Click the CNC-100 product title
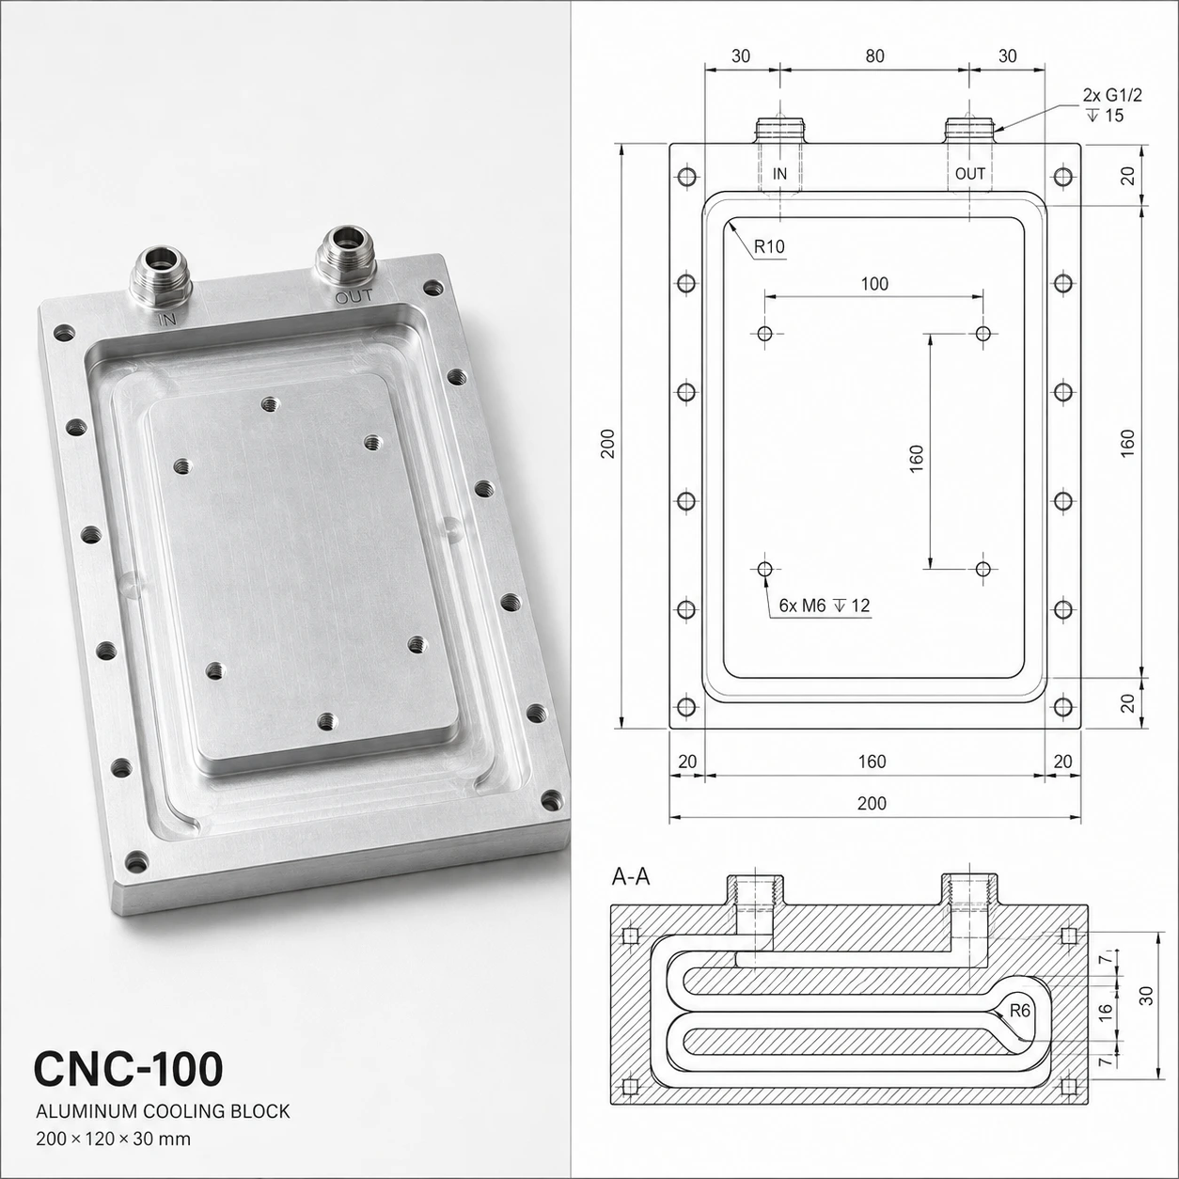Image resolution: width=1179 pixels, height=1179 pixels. coord(129,1068)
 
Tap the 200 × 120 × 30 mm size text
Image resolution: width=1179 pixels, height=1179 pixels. coord(113,1140)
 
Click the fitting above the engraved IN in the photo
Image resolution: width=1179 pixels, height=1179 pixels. coord(160,275)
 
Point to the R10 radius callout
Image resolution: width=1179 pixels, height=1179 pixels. coord(769,247)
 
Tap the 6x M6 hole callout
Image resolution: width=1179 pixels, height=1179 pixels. coord(825,605)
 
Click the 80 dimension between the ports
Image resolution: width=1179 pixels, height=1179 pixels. coord(875,56)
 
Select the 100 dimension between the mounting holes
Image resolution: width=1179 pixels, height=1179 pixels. coord(874,284)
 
